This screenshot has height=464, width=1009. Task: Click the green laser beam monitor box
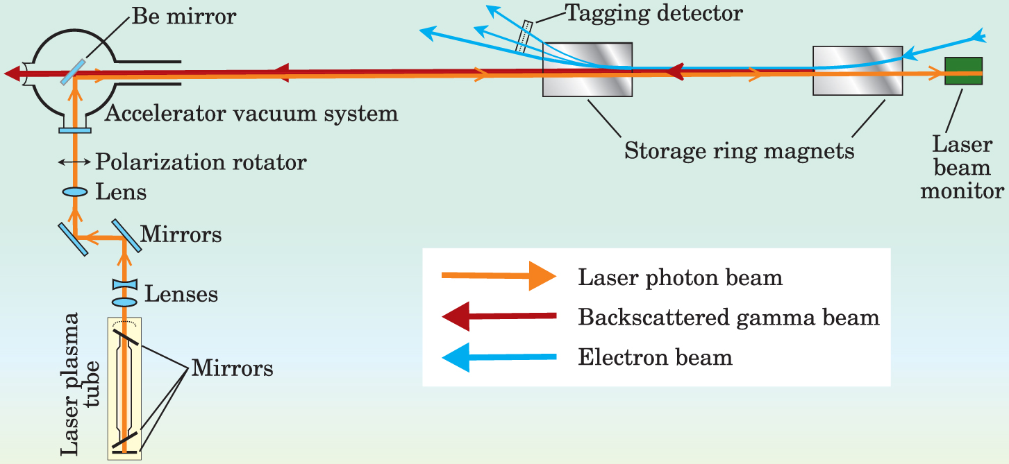pyautogui.click(x=963, y=71)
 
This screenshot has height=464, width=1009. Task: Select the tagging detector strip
pyautogui.click(x=526, y=36)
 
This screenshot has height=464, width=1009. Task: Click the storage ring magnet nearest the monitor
pyautogui.click(x=858, y=70)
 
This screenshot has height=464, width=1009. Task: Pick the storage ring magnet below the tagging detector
pyautogui.click(x=587, y=69)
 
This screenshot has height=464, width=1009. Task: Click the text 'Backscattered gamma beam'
pyautogui.click(x=728, y=318)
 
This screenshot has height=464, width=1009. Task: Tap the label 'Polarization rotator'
pyautogui.click(x=201, y=162)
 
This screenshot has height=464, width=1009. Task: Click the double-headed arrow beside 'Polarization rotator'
pyautogui.click(x=74, y=162)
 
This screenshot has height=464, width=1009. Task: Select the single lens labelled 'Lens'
pyautogui.click(x=74, y=191)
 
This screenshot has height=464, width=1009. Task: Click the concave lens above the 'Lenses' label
pyautogui.click(x=126, y=285)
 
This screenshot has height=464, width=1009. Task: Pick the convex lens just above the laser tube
pyautogui.click(x=126, y=302)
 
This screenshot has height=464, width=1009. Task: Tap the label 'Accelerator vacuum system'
pyautogui.click(x=251, y=113)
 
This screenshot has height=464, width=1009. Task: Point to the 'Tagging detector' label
pyautogui.click(x=653, y=12)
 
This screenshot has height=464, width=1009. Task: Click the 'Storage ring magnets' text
pyautogui.click(x=740, y=151)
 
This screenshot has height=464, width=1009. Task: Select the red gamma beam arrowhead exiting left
pyautogui.click(x=12, y=72)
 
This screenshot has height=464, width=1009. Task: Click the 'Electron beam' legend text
pyautogui.click(x=655, y=358)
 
